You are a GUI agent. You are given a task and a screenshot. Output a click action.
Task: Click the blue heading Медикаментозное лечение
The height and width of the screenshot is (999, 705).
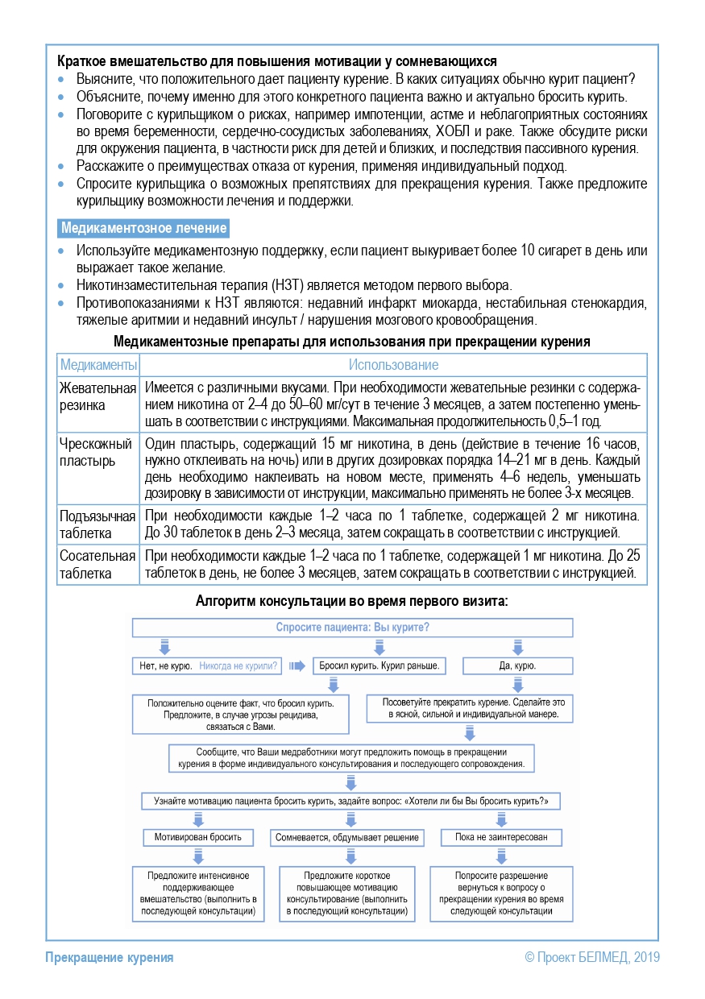click(x=143, y=229)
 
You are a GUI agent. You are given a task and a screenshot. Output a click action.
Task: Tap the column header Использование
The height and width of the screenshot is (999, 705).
click(x=393, y=365)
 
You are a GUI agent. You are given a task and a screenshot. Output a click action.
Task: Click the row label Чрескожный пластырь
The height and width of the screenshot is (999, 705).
click(x=96, y=452)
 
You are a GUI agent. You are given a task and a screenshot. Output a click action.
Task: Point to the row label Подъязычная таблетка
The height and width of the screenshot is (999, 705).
click(x=97, y=524)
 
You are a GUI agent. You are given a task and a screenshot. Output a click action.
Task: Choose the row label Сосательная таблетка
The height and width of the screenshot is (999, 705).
click(x=97, y=566)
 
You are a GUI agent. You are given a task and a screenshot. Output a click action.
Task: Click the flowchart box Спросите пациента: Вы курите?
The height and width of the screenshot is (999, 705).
click(x=352, y=627)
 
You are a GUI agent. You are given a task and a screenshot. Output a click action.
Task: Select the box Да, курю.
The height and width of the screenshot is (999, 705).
click(x=517, y=666)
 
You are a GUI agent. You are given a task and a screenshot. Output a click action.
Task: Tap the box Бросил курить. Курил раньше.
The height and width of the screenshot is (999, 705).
click(x=379, y=666)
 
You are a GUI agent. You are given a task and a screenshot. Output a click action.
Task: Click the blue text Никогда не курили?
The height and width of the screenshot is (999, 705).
click(x=238, y=666)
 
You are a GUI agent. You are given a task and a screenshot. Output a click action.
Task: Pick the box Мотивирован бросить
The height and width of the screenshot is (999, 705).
click(x=198, y=837)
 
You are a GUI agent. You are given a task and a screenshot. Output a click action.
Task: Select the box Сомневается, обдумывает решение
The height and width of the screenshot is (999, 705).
click(x=347, y=837)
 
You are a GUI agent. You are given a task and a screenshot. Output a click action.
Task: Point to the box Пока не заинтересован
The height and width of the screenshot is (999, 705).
click(x=500, y=837)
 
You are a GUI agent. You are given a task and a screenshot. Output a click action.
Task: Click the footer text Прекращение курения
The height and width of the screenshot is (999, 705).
click(x=110, y=957)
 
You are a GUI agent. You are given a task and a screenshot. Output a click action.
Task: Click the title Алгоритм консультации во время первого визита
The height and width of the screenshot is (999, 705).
click(x=352, y=601)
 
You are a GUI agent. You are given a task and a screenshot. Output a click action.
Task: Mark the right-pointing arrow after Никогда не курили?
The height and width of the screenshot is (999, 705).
click(x=297, y=666)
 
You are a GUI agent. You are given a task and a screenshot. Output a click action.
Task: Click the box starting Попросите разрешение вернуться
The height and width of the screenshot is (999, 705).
click(x=501, y=893)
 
